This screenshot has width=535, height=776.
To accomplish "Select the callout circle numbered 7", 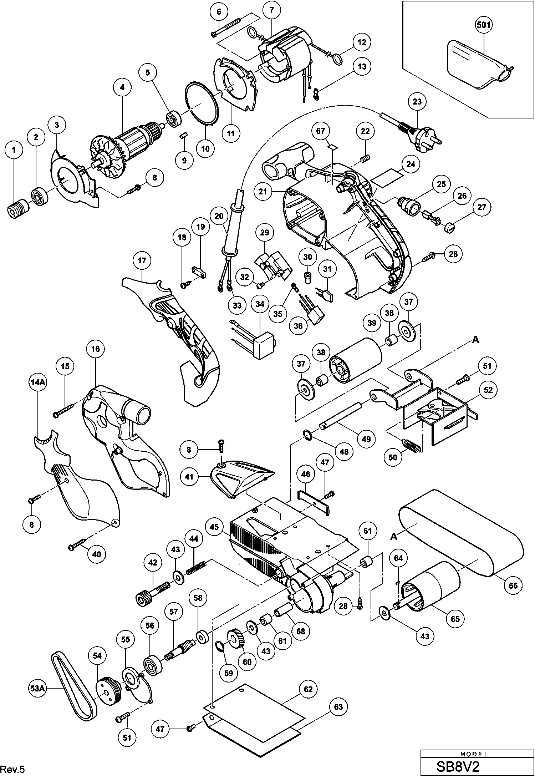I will pos(271,10).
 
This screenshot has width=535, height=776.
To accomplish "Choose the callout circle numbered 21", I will pos(263,192).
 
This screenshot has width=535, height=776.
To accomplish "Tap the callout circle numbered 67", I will pos(320,131).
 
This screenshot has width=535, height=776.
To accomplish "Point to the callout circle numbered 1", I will pos(14,150).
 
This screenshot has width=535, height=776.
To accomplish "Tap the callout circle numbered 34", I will pos(260,304).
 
